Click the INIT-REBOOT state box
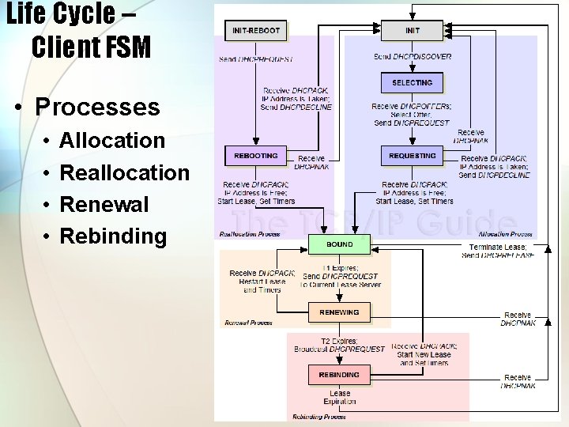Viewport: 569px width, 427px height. (x=256, y=31)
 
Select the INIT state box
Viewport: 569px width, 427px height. (x=413, y=31)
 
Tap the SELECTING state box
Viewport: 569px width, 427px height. (x=412, y=82)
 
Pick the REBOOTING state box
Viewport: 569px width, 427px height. (x=256, y=156)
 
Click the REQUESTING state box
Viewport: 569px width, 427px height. (x=412, y=156)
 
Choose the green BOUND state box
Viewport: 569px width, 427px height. (x=339, y=244)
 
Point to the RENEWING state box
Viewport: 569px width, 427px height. (x=339, y=312)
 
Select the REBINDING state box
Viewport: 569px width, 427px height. (x=339, y=374)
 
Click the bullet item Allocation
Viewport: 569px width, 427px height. (x=112, y=141)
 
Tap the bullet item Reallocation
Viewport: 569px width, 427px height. (x=125, y=172)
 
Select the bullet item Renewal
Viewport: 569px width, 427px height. (x=104, y=204)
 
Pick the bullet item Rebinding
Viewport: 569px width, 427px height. (x=113, y=236)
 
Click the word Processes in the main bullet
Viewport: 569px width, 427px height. (x=98, y=107)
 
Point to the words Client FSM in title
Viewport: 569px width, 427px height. (x=91, y=47)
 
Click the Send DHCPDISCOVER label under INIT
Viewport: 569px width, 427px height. (x=412, y=57)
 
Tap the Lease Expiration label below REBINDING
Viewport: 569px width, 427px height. (x=340, y=397)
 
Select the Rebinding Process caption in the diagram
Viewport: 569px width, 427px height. (x=319, y=416)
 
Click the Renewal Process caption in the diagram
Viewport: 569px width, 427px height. (x=248, y=323)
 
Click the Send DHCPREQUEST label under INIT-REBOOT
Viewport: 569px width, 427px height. (x=256, y=59)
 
